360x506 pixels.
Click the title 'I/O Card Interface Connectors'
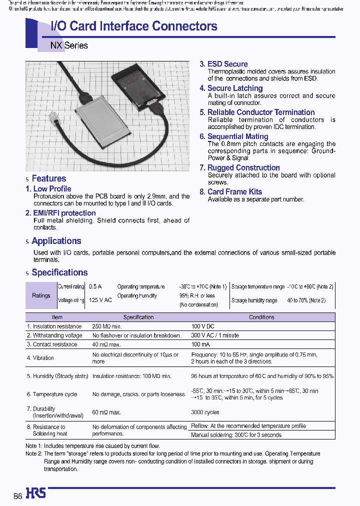click(134, 26)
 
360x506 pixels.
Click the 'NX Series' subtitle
click(69, 45)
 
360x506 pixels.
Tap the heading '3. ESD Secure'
click(223, 64)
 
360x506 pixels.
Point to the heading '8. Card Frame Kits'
click(230, 191)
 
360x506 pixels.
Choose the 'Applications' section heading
click(56, 241)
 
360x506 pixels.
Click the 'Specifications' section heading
click(59, 272)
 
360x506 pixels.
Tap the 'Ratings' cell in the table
click(41, 295)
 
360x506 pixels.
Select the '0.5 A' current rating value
click(95, 287)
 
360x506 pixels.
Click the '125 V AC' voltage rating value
click(100, 300)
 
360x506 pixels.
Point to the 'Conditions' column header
click(261, 317)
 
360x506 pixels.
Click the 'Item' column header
click(57, 317)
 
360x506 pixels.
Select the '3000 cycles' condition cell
click(205, 412)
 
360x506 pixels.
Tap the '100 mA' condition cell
click(201, 344)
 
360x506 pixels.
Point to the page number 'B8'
click(17, 496)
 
